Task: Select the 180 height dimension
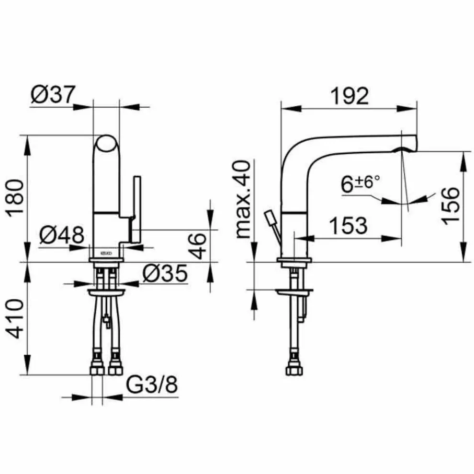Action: click(x=15, y=198)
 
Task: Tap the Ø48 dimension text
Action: click(x=62, y=235)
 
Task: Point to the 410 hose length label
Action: click(x=15, y=318)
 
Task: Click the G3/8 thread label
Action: click(x=152, y=384)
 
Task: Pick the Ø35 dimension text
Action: click(x=165, y=273)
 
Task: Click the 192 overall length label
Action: click(x=350, y=96)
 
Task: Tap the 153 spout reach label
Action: click(x=348, y=225)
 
